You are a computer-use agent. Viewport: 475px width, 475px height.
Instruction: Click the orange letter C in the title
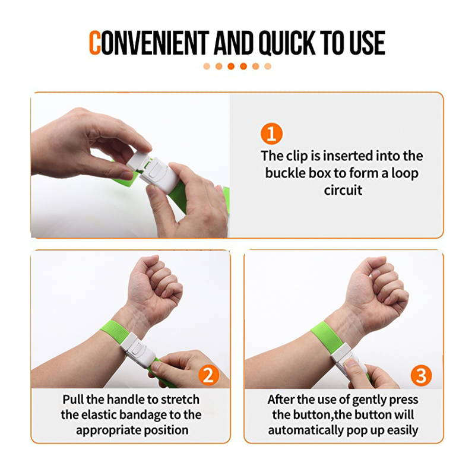coord(94,43)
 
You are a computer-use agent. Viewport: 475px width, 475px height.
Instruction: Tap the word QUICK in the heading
coord(287,43)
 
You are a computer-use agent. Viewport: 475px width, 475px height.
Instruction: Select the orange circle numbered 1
coord(271,134)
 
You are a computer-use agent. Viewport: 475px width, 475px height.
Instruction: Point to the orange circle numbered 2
coord(209,375)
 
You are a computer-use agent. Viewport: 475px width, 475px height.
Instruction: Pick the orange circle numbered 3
coord(421,375)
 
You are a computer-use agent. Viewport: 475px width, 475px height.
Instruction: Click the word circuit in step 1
coord(343,190)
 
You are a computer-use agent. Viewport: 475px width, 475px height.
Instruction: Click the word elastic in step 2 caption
coord(99,415)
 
